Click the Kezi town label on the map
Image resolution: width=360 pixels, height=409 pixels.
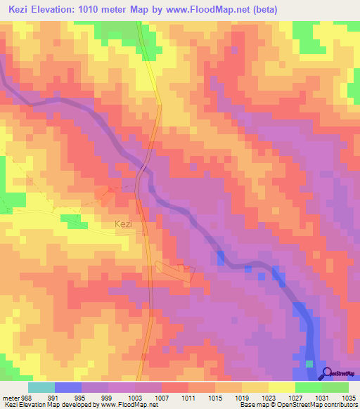(x=123, y=225)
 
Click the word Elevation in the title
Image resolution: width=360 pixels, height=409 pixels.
(x=63, y=10)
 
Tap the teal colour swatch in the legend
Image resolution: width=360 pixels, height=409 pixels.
(x=41, y=387)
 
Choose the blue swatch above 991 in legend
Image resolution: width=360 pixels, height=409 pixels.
(x=67, y=387)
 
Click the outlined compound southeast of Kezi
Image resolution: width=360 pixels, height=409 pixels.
(x=175, y=272)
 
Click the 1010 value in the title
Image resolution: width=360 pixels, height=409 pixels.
(x=105, y=10)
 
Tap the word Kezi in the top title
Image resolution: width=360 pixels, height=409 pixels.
(x=21, y=10)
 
